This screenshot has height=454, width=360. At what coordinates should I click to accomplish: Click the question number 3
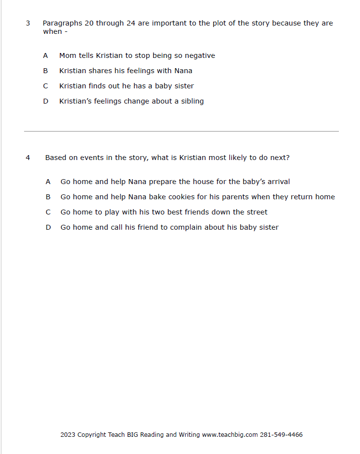(28, 23)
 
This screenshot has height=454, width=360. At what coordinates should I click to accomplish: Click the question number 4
(28, 158)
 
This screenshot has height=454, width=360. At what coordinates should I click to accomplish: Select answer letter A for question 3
(45, 55)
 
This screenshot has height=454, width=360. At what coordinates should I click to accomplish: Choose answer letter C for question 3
(45, 86)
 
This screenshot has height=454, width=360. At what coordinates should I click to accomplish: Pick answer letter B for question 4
(48, 197)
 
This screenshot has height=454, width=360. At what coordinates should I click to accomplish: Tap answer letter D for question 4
(48, 227)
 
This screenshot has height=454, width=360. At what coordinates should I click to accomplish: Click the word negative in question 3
(200, 55)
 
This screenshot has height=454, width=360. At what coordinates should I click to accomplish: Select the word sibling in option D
(192, 101)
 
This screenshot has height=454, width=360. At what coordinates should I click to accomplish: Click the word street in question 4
(256, 212)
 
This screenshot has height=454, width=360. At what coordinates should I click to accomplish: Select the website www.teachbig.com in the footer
(230, 434)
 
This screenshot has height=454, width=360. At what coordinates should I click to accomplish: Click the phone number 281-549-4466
(281, 434)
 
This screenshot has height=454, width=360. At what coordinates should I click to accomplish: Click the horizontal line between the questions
(181, 131)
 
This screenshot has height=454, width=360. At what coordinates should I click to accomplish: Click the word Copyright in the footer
(91, 434)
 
